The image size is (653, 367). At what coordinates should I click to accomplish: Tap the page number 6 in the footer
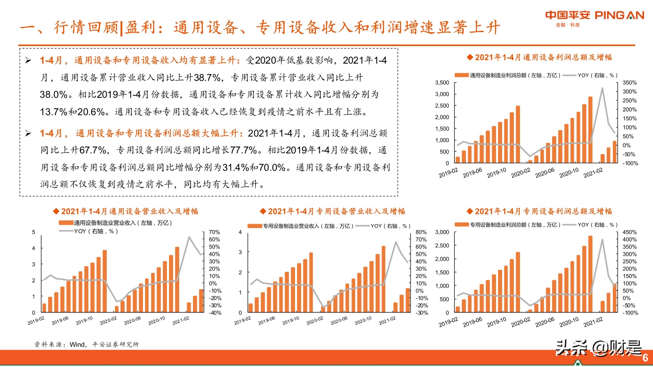click(645, 358)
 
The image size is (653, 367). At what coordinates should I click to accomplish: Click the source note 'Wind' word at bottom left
click(77, 344)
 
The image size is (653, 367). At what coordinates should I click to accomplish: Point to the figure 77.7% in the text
click(243, 150)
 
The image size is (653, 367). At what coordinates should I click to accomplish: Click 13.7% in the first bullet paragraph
click(53, 112)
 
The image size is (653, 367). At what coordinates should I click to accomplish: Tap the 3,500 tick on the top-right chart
click(442, 83)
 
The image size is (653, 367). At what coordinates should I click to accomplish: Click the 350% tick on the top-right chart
click(629, 83)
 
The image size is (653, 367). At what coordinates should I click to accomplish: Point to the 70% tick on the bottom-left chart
click(215, 232)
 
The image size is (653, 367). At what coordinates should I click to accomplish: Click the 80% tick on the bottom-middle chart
click(421, 232)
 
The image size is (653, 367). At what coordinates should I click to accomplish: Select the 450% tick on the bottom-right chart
click(629, 232)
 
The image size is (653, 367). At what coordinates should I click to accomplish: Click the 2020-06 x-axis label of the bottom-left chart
click(132, 320)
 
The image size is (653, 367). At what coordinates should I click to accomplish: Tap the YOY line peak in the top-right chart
click(602, 88)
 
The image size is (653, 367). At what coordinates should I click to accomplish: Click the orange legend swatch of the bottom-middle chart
click(255, 226)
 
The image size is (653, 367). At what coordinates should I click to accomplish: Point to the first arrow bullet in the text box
click(28, 60)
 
